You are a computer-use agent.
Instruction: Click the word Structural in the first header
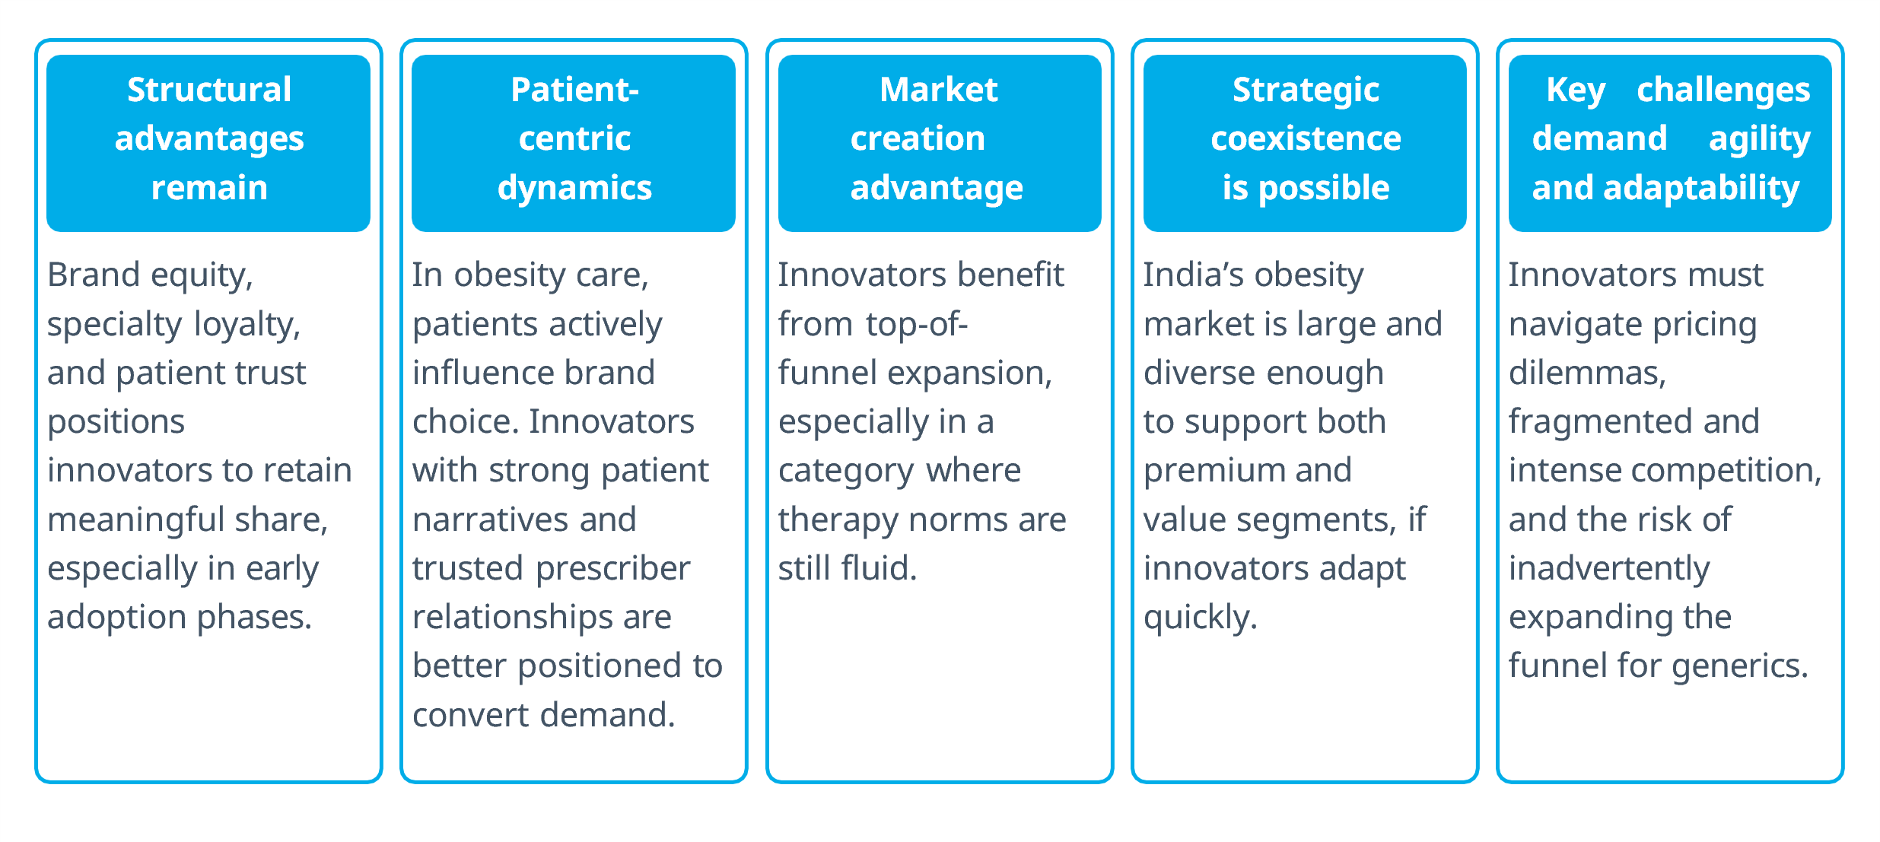tap(209, 90)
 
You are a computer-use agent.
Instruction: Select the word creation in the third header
tap(918, 138)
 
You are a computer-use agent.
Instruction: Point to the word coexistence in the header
tap(1306, 138)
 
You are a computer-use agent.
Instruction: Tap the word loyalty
tap(247, 326)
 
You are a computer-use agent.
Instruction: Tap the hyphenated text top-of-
tap(916, 326)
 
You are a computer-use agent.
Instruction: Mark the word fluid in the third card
tap(879, 569)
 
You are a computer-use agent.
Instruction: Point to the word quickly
tap(1200, 618)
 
